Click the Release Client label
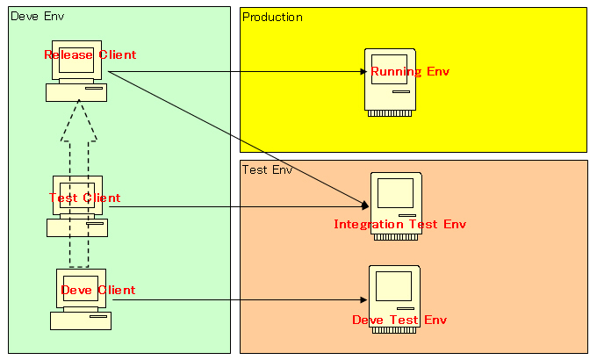click(90, 55)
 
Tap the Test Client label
click(85, 198)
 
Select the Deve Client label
click(97, 291)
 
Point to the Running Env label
click(410, 72)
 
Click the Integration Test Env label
click(399, 225)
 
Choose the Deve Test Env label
click(399, 320)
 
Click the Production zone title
click(273, 18)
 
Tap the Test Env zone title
click(268, 169)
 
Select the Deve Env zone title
click(38, 18)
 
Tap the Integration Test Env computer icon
click(396, 195)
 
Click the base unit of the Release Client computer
click(76, 92)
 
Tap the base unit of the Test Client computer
click(77, 227)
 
